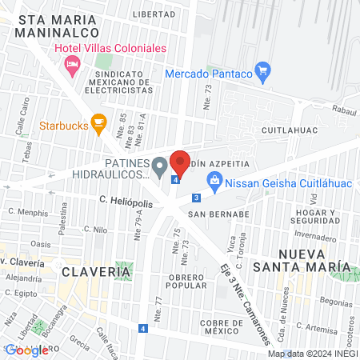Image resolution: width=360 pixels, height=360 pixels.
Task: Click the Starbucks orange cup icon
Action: pyautogui.click(x=99, y=123)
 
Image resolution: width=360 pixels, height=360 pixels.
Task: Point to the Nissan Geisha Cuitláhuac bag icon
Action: pyautogui.click(x=214, y=182)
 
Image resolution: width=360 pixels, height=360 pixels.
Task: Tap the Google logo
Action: pyautogui.click(x=26, y=350)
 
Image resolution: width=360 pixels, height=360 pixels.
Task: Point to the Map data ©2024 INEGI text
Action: pyautogui.click(x=312, y=354)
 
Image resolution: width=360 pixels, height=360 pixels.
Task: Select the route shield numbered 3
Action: pyautogui.click(x=195, y=198)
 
